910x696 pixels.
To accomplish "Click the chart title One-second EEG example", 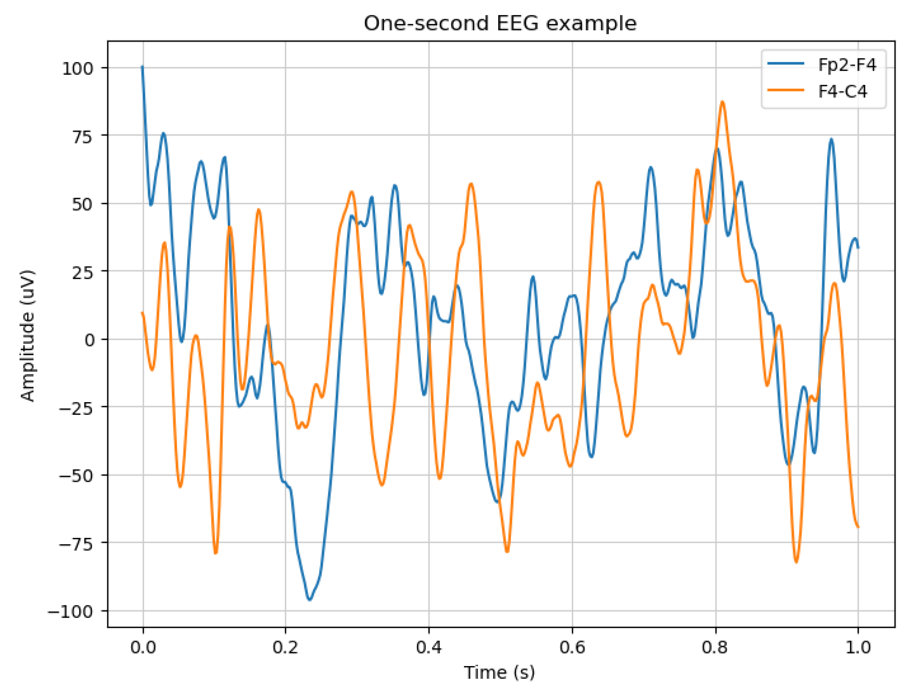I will point(500,24).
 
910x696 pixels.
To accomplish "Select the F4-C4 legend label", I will point(842,92).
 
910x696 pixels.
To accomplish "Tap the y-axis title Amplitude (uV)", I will point(28,335).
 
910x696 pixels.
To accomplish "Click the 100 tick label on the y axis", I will point(78,68).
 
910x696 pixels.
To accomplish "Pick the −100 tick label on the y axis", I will point(71,611).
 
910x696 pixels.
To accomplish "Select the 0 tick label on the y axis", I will point(90,340).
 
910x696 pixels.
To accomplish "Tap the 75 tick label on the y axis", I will point(82,136).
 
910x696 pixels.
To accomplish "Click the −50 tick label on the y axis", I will point(76,476).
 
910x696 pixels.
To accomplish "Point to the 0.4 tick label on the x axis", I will point(428,647).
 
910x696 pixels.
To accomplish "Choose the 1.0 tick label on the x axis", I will point(857,647).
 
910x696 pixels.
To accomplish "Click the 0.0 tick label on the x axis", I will point(143,647).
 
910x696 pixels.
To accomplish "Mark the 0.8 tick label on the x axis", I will point(715,647).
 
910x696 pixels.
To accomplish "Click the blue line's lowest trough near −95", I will point(310,599).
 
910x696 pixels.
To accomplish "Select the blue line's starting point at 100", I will point(142,67).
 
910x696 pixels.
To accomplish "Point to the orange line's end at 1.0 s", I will point(857,527).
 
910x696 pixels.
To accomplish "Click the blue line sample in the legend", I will point(786,64).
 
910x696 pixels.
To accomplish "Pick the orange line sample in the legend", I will point(786,90).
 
